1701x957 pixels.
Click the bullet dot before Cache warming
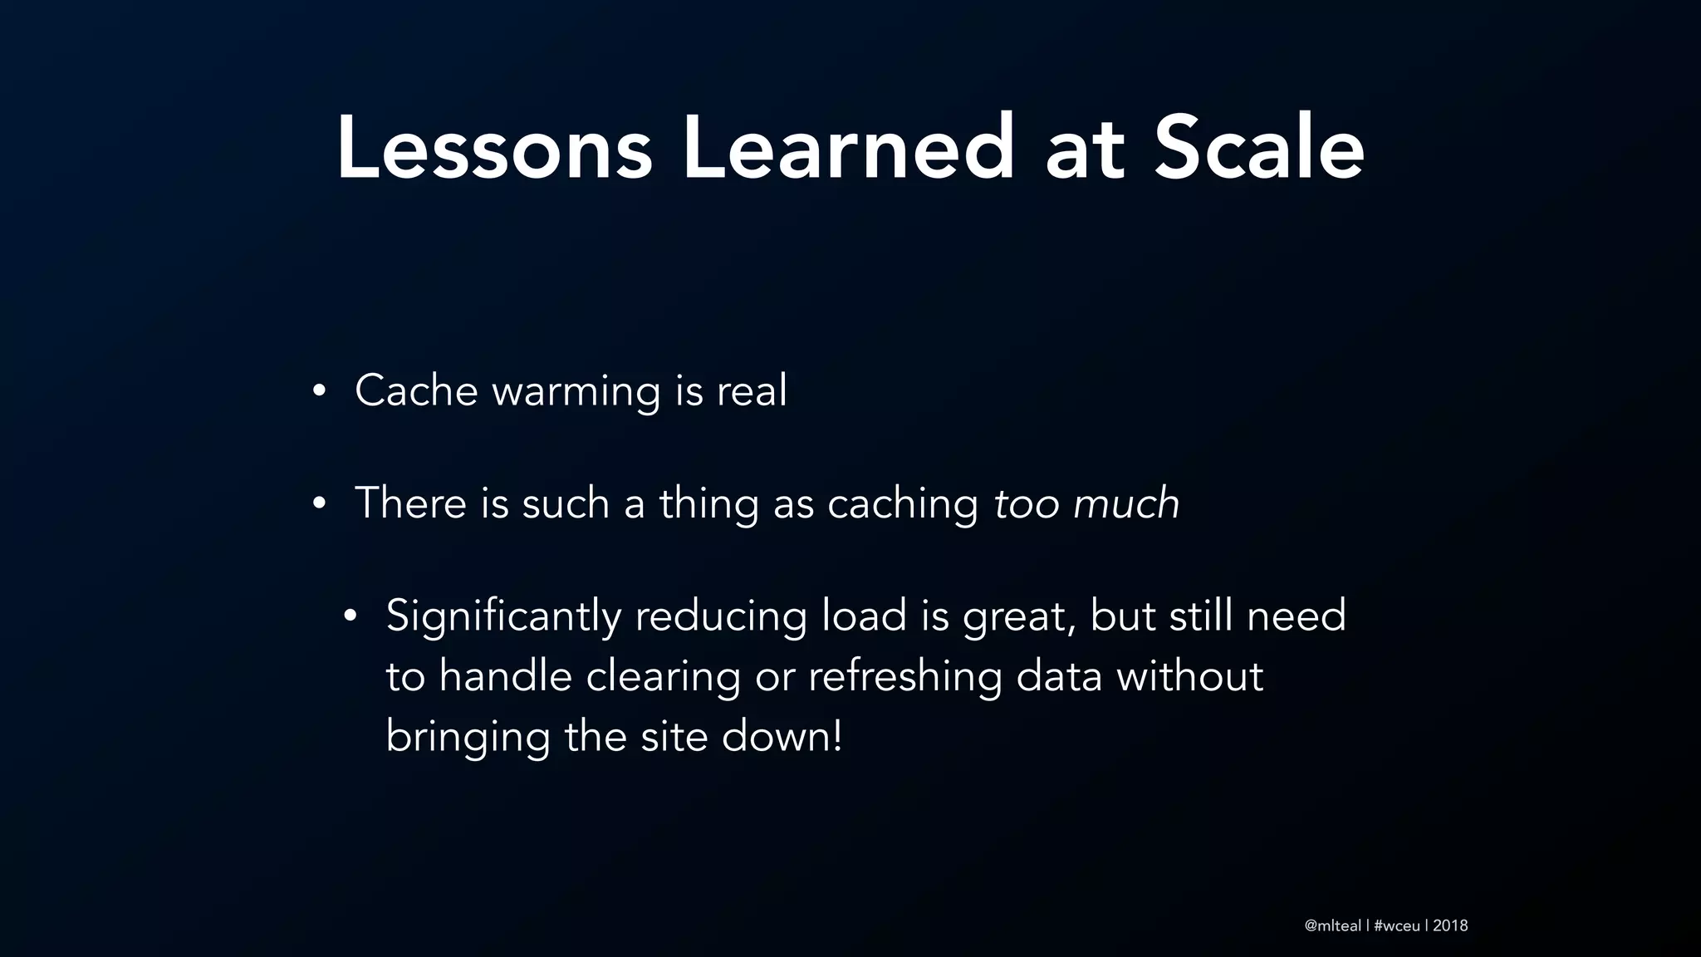[318, 391]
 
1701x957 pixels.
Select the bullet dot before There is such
[318, 503]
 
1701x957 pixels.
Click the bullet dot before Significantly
[350, 616]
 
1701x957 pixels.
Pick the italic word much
[1126, 503]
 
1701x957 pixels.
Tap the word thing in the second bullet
[708, 504]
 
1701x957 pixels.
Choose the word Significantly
[503, 616]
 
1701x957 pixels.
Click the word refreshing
[904, 676]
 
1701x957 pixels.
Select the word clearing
[663, 676]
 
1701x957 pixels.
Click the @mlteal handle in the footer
[1333, 925]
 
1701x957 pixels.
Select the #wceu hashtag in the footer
[1397, 925]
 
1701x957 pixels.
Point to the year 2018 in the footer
[1450, 925]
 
